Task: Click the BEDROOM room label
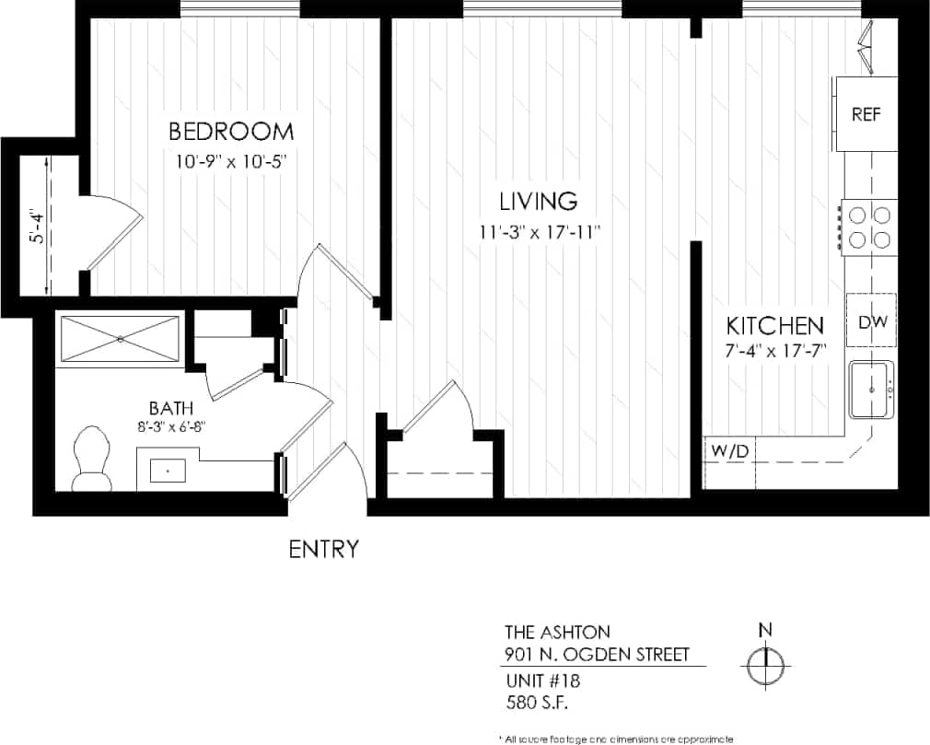[x=231, y=130]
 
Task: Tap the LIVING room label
[x=538, y=200]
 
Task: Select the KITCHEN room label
[x=773, y=325]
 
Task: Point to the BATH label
[x=171, y=407]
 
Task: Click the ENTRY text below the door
[x=323, y=550]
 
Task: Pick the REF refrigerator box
[x=866, y=115]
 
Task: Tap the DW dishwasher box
[x=871, y=322]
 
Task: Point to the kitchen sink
[x=870, y=390]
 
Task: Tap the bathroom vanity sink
[x=168, y=470]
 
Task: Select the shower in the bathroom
[x=121, y=338]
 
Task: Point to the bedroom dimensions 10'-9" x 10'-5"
[x=233, y=160]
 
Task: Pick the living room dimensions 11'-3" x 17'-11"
[x=540, y=230]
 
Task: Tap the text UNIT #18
[x=543, y=681]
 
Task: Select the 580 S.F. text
[x=536, y=703]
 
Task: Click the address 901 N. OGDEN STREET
[x=596, y=655]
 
